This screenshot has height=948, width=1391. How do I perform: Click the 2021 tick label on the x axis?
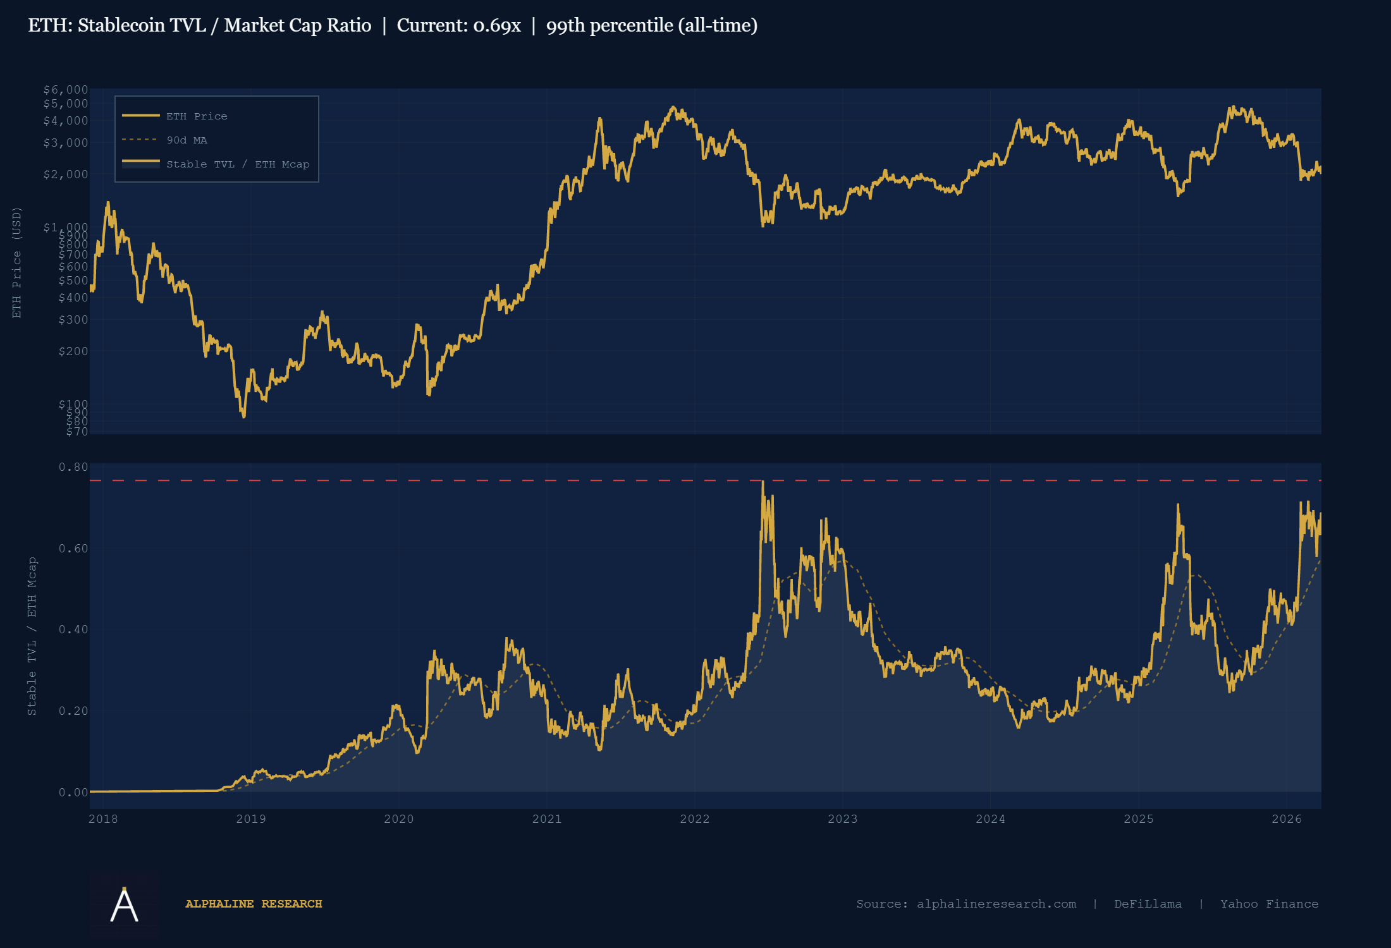pos(546,819)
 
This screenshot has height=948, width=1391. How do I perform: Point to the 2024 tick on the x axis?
pos(990,819)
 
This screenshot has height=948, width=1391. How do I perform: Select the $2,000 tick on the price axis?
pos(65,174)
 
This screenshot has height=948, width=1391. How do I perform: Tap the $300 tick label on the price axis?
pos(73,320)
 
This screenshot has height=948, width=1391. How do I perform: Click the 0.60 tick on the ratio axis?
pos(73,549)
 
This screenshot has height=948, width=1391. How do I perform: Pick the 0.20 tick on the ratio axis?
pos(73,711)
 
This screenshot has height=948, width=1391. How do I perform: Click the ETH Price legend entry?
pos(196,116)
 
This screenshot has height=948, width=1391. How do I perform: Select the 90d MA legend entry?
pos(187,140)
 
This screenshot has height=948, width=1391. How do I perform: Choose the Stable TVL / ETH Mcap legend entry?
pos(237,164)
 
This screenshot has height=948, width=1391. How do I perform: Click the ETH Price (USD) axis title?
pos(17,262)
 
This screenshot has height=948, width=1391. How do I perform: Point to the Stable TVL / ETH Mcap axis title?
pos(32,636)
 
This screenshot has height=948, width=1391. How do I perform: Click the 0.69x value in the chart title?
pos(497,25)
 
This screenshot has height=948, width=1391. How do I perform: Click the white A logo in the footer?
pos(124,904)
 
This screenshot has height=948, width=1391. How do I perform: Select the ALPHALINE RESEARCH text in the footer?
pos(254,904)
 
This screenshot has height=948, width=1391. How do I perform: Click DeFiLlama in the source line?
pos(1148,904)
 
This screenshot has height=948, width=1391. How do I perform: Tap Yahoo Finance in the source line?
pos(1269,904)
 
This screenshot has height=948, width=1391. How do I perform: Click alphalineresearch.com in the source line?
pos(996,904)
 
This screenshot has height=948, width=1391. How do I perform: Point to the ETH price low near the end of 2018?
pos(244,416)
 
